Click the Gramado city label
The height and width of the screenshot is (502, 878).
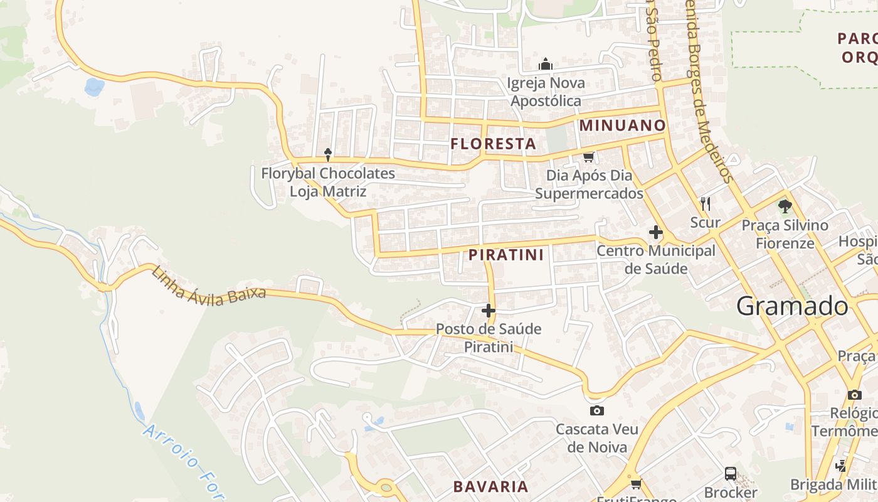(792, 306)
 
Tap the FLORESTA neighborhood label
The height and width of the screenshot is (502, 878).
(493, 144)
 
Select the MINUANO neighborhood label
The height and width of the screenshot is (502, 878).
(621, 125)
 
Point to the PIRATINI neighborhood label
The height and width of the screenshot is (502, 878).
(506, 255)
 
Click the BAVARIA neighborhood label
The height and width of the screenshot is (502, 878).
(490, 486)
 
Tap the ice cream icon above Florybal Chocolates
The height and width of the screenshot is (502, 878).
(327, 154)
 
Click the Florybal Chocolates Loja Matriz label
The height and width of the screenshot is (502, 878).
(328, 182)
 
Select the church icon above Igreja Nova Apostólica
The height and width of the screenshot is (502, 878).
(546, 64)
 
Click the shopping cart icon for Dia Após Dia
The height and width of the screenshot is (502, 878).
(588, 157)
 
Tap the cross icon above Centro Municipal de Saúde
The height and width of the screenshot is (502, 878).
(655, 232)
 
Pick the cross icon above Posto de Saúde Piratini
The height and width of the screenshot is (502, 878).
(489, 310)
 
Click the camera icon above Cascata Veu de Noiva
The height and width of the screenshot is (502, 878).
(597, 411)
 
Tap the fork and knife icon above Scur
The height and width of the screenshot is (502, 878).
(706, 203)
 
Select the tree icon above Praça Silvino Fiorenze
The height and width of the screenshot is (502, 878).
(785, 206)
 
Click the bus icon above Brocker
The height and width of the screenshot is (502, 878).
(730, 473)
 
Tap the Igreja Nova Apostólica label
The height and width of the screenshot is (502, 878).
(546, 92)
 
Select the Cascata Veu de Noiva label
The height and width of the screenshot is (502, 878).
(597, 438)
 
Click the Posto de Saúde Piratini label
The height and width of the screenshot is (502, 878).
(489, 338)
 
